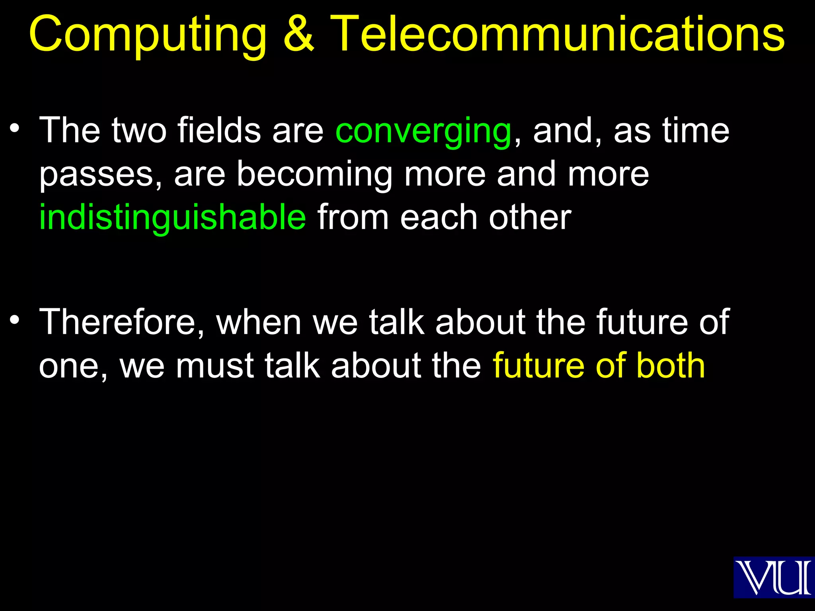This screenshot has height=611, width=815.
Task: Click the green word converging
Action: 423,132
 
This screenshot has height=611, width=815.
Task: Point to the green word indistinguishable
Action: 173,218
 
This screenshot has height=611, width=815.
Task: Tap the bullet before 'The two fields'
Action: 15,128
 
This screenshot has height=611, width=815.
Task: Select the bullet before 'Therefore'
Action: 15,320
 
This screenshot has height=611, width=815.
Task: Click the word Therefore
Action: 121,322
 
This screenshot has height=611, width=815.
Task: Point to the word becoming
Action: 314,175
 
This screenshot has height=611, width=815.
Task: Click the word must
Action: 214,366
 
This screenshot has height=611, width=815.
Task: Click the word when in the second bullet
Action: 259,322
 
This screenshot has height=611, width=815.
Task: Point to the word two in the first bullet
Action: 139,131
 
